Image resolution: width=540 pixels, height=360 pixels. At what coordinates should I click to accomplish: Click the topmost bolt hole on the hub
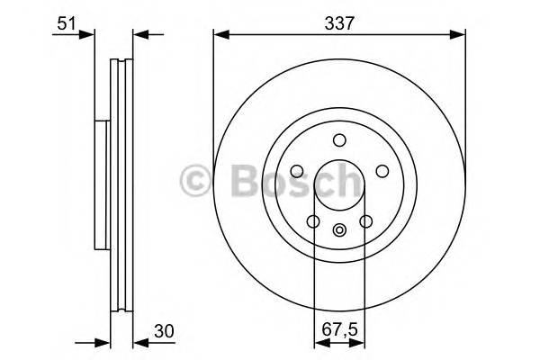(x=339, y=140)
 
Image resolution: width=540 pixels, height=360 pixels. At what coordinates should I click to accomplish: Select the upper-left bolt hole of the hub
(x=297, y=171)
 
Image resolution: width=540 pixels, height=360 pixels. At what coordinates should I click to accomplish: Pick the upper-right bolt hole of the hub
(x=382, y=171)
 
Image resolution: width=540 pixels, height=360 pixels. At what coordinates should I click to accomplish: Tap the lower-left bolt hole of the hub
(x=313, y=221)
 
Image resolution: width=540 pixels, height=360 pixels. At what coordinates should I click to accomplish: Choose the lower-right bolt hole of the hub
(x=365, y=221)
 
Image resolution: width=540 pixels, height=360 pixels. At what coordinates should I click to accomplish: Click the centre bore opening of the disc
(x=339, y=184)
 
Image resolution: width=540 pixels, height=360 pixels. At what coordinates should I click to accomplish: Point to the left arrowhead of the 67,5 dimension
(x=319, y=342)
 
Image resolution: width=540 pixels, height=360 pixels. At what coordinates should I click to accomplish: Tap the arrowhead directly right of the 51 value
(x=87, y=36)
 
